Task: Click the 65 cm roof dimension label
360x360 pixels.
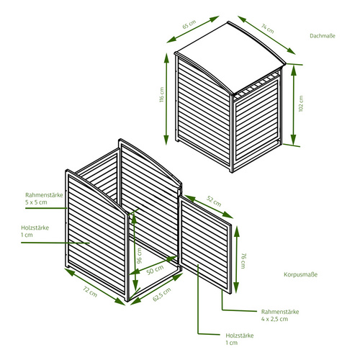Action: (189, 24)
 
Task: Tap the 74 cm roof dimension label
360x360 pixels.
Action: (268, 28)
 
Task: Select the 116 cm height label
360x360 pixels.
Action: (161, 94)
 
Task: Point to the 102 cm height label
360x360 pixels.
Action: (301, 104)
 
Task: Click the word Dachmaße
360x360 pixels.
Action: (323, 36)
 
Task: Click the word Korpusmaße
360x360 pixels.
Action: (300, 274)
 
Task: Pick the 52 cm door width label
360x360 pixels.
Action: (214, 201)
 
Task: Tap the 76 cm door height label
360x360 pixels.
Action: (243, 261)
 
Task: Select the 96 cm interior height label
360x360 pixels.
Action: (139, 256)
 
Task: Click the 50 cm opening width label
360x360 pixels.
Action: (155, 270)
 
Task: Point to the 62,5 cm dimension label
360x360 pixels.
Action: (162, 294)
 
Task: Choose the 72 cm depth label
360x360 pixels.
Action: (90, 292)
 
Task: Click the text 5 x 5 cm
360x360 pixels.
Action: (36, 202)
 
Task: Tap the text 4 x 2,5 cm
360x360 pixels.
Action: (274, 319)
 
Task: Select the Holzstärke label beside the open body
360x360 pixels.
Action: (35, 228)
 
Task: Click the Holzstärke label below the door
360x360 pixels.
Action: (240, 336)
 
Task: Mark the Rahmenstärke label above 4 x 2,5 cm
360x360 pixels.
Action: (280, 312)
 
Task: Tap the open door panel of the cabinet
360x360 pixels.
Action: (205, 245)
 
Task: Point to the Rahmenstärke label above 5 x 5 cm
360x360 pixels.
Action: (44, 195)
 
